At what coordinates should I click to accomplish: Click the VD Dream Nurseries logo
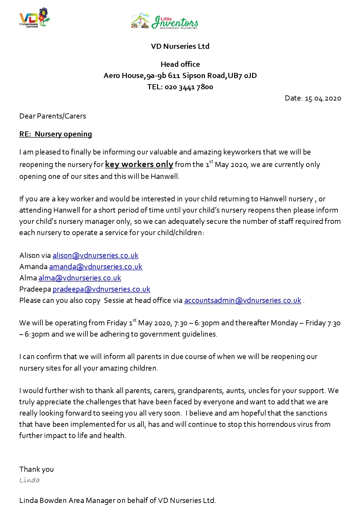[x=35, y=18]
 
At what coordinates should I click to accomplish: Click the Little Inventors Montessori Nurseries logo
[x=164, y=22]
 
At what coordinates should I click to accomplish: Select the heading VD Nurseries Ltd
[x=180, y=46]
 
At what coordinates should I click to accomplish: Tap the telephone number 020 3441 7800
[x=189, y=87]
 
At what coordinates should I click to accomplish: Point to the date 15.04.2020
[x=323, y=98]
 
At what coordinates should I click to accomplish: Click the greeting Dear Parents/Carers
[x=53, y=116]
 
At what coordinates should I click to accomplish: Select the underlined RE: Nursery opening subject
[x=56, y=134]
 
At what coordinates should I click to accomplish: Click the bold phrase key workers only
[x=139, y=164]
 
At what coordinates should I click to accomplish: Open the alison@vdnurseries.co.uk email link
[x=95, y=255]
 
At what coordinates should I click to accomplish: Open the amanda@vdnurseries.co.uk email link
[x=95, y=267]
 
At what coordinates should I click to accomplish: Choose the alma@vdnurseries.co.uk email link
[x=80, y=278]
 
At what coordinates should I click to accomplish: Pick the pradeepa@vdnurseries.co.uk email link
[x=101, y=289]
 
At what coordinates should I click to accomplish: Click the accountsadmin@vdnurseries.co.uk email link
[x=242, y=300]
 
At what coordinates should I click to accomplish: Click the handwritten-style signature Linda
[x=30, y=480]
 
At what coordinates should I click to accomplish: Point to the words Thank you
[x=36, y=469]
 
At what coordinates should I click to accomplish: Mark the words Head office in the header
[x=180, y=64]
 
